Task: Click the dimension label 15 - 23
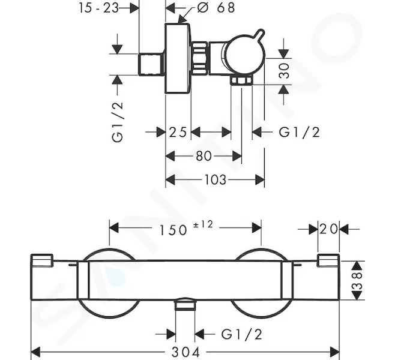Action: click(x=98, y=8)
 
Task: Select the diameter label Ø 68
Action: click(x=216, y=8)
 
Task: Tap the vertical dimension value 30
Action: click(x=285, y=71)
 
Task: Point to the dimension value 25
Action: click(x=178, y=132)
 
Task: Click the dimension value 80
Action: click(x=204, y=156)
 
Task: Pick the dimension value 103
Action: click(x=216, y=180)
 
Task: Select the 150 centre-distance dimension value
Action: click(x=173, y=230)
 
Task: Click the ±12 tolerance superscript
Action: click(x=203, y=224)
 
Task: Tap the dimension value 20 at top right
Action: click(x=328, y=229)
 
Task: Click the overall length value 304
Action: click(x=185, y=352)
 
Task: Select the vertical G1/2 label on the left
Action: click(x=118, y=122)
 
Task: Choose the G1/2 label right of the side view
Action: click(x=300, y=132)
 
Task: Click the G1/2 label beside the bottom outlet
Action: click(x=241, y=334)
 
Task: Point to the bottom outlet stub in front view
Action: click(x=185, y=304)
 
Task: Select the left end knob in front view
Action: click(x=41, y=260)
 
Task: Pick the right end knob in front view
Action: click(x=328, y=260)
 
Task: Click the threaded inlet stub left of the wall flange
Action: click(x=151, y=64)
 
